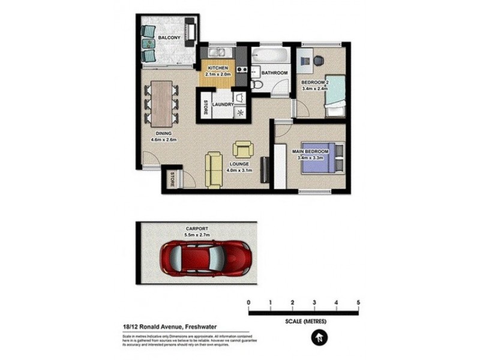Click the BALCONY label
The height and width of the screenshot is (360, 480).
(x=169, y=38)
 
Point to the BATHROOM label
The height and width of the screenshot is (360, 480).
(x=275, y=73)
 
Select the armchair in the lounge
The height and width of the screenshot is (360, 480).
(x=244, y=148)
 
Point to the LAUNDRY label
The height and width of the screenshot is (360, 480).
(x=223, y=104)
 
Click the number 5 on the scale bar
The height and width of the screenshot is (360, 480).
(x=358, y=302)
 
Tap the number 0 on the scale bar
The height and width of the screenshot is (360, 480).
(x=248, y=302)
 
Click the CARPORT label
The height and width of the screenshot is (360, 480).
(x=197, y=229)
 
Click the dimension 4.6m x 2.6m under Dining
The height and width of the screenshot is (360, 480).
(x=163, y=140)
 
